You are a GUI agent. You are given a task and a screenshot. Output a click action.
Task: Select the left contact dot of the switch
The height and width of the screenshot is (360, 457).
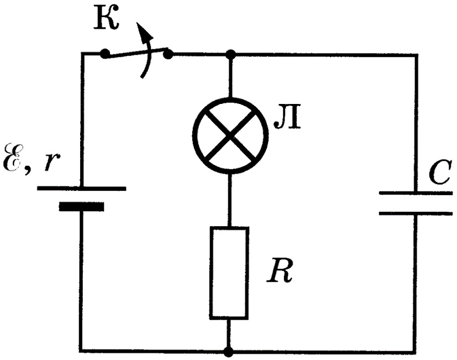[x=104, y=54]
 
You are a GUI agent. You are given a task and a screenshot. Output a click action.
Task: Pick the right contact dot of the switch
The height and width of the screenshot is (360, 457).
[x=169, y=54]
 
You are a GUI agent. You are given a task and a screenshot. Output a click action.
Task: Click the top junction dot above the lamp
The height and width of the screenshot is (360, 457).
[x=231, y=54]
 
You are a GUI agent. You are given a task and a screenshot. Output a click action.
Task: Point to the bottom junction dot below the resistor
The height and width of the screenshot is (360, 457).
[x=229, y=352]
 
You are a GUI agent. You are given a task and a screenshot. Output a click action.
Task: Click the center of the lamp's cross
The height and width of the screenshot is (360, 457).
[x=230, y=135]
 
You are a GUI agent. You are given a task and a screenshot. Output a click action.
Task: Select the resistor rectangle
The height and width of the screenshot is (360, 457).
[x=229, y=273]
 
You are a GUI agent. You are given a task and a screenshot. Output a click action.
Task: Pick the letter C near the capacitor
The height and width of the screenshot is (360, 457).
[x=440, y=173]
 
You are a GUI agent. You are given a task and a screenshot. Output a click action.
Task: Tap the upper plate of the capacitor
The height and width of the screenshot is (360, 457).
[x=416, y=193]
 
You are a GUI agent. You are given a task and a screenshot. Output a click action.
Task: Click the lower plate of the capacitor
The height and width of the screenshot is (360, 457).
[x=416, y=213]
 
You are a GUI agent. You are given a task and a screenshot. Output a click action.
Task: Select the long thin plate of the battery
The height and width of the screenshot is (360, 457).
[x=82, y=189]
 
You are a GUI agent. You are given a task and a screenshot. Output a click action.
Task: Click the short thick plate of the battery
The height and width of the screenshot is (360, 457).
[x=81, y=206]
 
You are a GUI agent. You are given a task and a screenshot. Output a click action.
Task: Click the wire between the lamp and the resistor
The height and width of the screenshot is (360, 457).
[x=230, y=200]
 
